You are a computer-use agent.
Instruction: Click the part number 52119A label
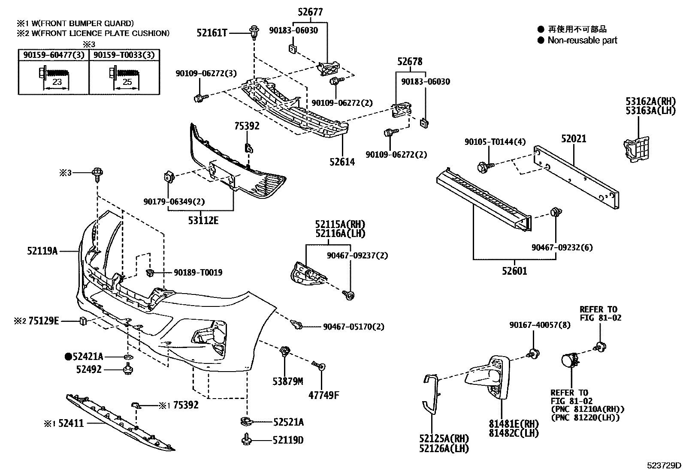coord(42,251)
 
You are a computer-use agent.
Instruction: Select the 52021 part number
coord(574,139)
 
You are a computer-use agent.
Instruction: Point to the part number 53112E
coord(203,221)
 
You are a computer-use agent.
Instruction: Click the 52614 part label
coord(342,162)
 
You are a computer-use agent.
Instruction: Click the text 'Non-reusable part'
coord(582,40)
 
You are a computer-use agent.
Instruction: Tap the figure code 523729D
coord(664,465)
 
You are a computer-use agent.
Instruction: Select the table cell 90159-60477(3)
coord(54,55)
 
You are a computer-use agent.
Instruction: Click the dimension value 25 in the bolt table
coord(127,82)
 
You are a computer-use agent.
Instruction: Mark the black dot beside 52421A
coord(68,356)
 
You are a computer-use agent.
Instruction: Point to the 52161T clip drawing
coord(255,31)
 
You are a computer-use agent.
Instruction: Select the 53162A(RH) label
coord(650,102)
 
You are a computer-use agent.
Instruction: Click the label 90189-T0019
coord(198,273)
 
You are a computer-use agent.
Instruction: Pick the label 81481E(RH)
coord(513,424)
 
